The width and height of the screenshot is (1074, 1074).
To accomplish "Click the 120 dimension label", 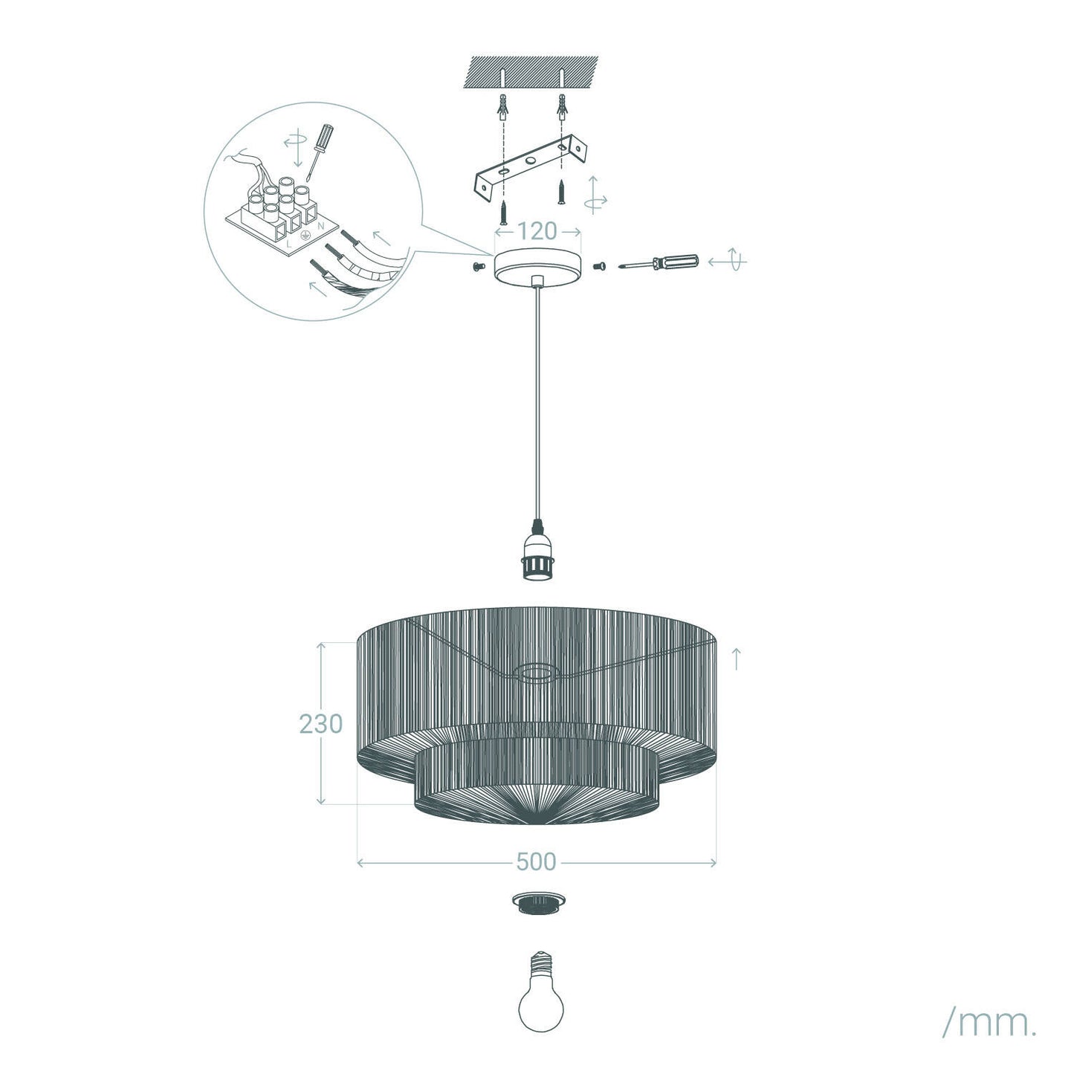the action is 537,230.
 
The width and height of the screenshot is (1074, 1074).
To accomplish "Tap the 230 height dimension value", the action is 320,724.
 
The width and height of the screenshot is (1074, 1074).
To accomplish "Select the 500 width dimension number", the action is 536,862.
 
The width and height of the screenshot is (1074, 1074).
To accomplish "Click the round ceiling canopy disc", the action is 537,268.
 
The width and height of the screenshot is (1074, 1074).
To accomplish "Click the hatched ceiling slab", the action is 531,72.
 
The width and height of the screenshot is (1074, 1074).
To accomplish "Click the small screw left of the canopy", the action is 476,267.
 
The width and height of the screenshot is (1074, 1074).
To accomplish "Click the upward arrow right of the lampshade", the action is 737,659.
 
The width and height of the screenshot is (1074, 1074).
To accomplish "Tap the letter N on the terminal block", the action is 321,226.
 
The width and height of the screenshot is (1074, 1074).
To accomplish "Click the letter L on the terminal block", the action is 288,244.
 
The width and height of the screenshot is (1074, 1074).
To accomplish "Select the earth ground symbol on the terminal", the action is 305,235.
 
